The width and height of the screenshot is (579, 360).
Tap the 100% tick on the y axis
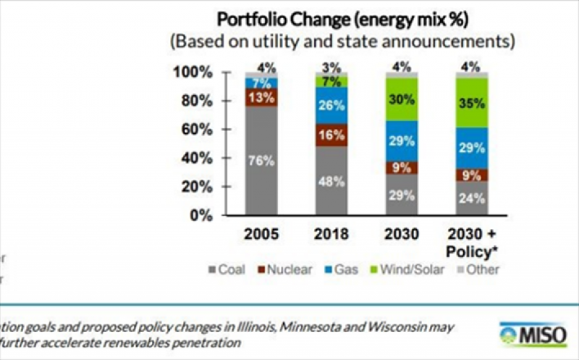pos(192,72)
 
